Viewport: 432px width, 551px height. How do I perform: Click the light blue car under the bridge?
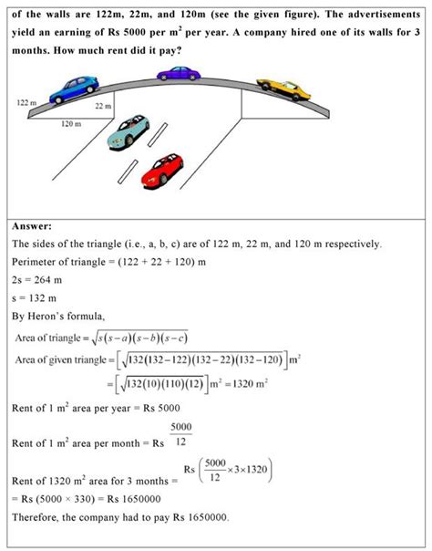(x=128, y=132)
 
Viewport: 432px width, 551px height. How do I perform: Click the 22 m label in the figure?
(x=102, y=107)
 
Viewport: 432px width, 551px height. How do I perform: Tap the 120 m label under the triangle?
(x=71, y=123)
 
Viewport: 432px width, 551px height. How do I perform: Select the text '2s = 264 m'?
(x=42, y=281)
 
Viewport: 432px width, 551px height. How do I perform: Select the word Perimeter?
(x=39, y=263)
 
